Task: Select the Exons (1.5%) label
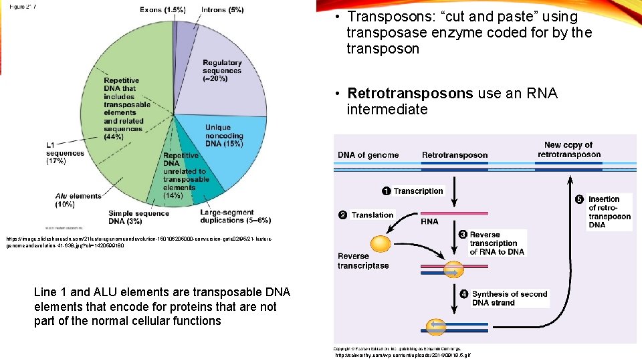(x=163, y=10)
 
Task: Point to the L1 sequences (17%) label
(x=64, y=152)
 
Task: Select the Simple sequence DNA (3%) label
(x=134, y=217)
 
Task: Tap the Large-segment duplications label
(x=225, y=217)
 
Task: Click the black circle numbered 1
(x=387, y=192)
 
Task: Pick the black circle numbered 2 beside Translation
(x=342, y=215)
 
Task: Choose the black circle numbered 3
(x=462, y=235)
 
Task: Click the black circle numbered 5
(x=580, y=199)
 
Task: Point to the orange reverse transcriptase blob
(x=379, y=244)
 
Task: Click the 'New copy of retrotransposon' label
(x=568, y=150)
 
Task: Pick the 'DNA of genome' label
(x=368, y=155)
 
